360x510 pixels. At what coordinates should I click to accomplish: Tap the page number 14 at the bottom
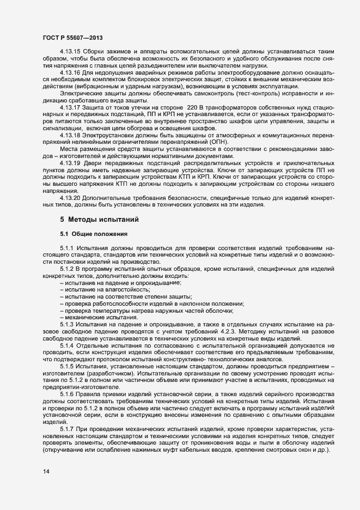point(46,471)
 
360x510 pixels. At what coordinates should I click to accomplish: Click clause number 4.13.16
point(70,72)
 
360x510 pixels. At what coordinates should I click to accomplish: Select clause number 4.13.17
point(70,107)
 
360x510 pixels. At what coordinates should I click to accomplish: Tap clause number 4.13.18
point(70,135)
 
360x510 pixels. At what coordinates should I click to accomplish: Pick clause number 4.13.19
point(70,163)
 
